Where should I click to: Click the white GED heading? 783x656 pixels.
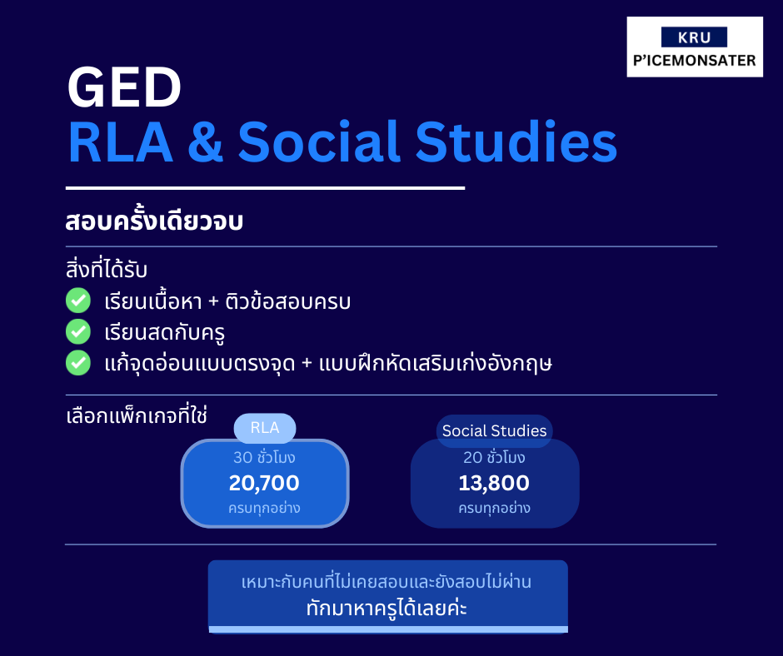point(124,87)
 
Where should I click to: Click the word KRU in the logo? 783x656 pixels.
point(694,37)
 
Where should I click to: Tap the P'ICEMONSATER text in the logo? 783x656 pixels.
point(695,61)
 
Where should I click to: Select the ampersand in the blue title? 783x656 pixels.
point(205,142)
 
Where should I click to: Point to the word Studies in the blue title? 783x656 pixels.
point(516,142)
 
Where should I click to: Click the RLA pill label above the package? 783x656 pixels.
point(265,428)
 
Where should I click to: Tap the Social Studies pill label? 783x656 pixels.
point(494,431)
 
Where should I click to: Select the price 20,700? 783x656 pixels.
point(264,483)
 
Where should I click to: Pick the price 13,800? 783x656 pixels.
point(494,483)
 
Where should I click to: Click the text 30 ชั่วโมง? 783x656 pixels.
point(264,457)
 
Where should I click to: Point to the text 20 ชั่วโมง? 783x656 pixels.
point(494,457)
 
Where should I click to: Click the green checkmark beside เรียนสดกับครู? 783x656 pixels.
point(78,332)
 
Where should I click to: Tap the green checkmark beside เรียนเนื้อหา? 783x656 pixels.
point(78,301)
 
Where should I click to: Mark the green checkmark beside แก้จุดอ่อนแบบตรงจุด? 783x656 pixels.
point(78,363)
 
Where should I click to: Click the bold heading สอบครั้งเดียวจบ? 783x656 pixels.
point(154,221)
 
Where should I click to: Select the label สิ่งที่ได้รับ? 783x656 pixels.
point(107,269)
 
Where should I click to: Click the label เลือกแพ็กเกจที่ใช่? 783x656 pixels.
point(137,415)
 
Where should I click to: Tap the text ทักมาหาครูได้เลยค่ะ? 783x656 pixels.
point(387,608)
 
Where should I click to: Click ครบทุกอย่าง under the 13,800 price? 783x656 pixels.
point(494,508)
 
